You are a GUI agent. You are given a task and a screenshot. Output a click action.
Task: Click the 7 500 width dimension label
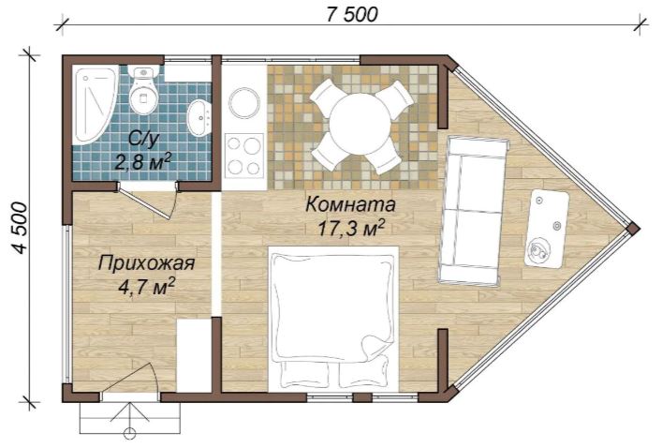(x=352, y=14)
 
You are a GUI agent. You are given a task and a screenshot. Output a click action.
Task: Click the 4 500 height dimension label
(x=20, y=228)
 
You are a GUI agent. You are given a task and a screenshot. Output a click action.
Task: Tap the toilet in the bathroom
(x=143, y=90)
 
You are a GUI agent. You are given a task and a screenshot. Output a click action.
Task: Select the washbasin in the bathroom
(x=199, y=118)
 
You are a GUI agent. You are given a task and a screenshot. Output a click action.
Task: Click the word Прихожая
(x=146, y=263)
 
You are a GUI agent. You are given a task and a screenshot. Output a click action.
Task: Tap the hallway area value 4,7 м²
(x=146, y=288)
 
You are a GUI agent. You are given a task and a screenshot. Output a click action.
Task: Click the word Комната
(x=350, y=204)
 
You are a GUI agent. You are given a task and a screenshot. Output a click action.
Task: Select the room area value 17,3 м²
(x=351, y=229)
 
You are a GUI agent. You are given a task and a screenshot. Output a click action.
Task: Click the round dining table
(x=360, y=125)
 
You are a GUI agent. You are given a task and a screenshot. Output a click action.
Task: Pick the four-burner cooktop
(x=244, y=155)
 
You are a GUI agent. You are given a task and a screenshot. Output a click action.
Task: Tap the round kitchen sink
(x=244, y=102)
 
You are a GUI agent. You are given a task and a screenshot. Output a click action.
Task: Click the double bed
(x=334, y=319)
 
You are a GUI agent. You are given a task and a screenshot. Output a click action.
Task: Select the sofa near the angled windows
(x=473, y=210)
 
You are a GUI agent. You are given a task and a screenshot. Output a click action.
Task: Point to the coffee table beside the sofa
(x=546, y=229)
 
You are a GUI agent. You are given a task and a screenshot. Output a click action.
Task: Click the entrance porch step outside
(x=129, y=418)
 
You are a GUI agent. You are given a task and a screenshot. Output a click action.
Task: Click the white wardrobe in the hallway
(x=194, y=356)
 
